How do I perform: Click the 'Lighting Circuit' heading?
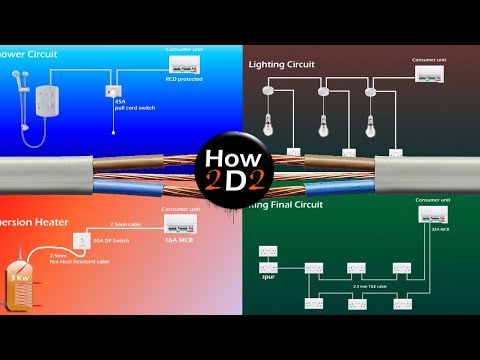point(281,64)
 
